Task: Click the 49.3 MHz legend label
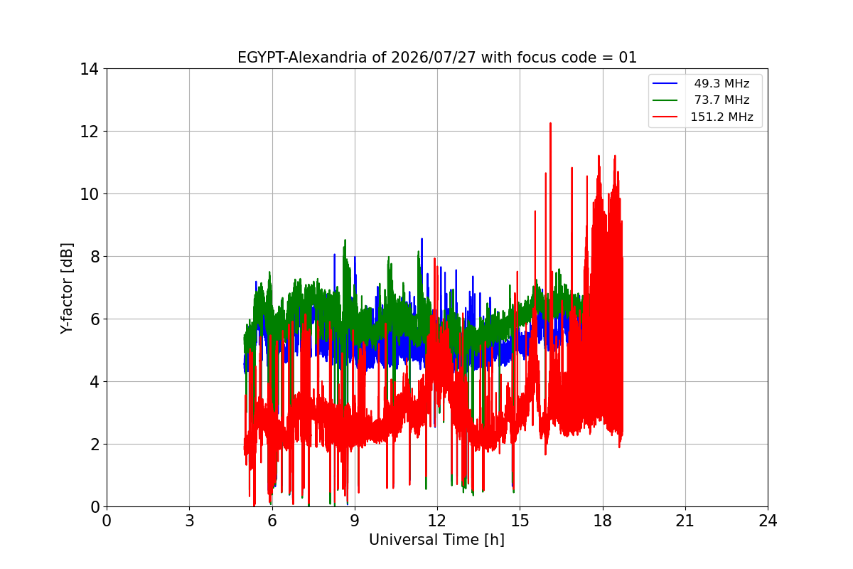pos(721,83)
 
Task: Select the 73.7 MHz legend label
pos(721,100)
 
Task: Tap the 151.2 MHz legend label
pos(721,117)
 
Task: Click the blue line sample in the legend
pos(665,83)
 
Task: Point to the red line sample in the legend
pos(665,117)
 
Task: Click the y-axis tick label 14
pos(89,69)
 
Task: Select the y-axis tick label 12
pos(89,132)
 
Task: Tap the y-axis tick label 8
pos(95,257)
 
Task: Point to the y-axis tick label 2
pos(95,445)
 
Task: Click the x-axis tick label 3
pos(190,521)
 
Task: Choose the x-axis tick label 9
pos(355,521)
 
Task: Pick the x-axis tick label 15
pos(520,521)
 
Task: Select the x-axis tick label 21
pos(685,521)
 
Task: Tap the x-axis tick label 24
pos(768,521)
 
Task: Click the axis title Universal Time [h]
pos(436,540)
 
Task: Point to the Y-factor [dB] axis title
pos(66,289)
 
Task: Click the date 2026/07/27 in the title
pos(434,58)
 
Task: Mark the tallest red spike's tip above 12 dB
pos(550,123)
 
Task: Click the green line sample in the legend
pos(665,100)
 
